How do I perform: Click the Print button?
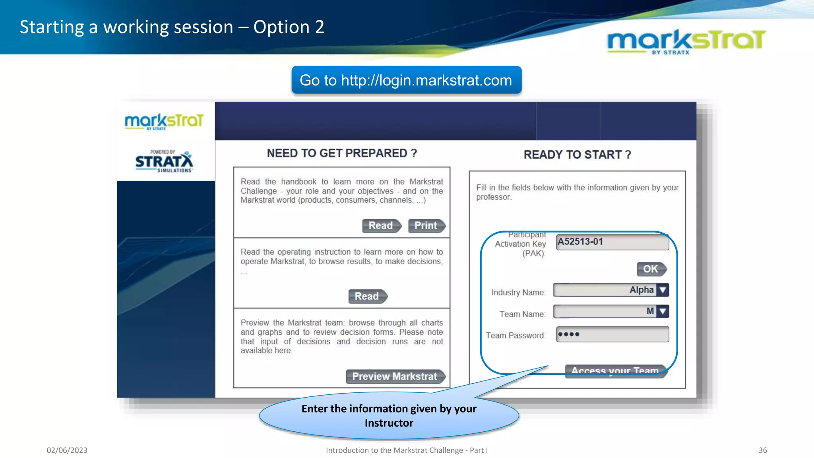click(x=426, y=226)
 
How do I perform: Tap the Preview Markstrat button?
click(x=395, y=376)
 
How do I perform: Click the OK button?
click(x=651, y=269)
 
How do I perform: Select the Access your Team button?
click(x=615, y=371)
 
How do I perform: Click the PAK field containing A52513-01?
click(x=612, y=242)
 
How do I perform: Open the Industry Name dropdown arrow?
click(x=663, y=290)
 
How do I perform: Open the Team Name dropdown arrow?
click(x=663, y=311)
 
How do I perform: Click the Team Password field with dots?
click(x=612, y=334)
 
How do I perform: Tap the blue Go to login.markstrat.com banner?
click(x=406, y=80)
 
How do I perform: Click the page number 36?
click(x=762, y=450)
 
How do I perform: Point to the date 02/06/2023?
click(x=67, y=450)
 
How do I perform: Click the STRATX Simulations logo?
click(x=164, y=161)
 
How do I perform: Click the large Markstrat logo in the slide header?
click(x=686, y=41)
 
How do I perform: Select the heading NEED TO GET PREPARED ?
click(x=342, y=153)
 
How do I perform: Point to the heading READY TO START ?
click(x=577, y=155)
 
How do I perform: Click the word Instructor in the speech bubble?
click(x=389, y=423)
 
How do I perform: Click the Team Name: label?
click(x=522, y=314)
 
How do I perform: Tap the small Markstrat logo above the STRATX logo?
click(x=164, y=121)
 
